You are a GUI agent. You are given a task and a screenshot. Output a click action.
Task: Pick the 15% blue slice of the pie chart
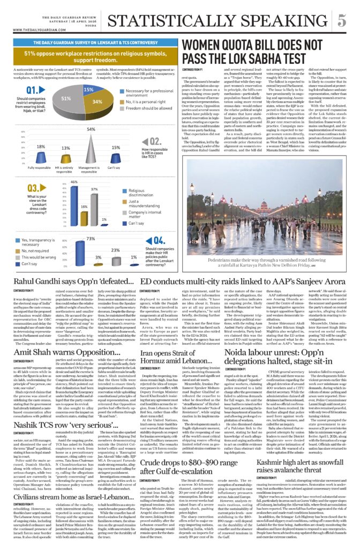point(87,91)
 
